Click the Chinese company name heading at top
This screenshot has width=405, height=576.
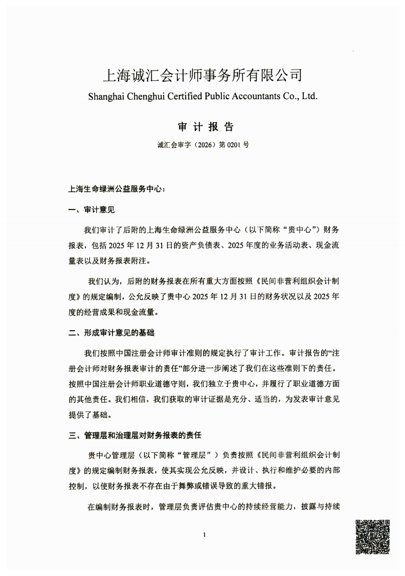[203, 76]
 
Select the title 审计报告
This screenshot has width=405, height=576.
[203, 127]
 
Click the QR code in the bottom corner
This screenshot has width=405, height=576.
[372, 536]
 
